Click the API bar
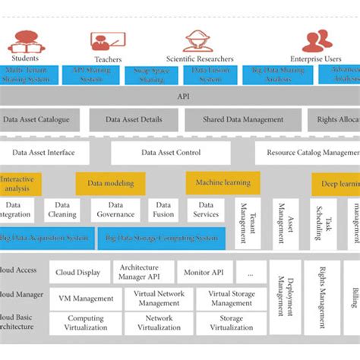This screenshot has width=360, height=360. click(183, 96)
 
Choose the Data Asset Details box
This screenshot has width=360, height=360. click(134, 120)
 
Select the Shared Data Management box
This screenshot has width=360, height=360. click(243, 120)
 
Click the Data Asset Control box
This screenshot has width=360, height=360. click(171, 153)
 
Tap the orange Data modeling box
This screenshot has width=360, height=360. click(110, 183)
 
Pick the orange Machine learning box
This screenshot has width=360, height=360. click(223, 183)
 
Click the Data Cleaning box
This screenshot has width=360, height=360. click(62, 210)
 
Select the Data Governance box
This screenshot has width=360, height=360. click(115, 210)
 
